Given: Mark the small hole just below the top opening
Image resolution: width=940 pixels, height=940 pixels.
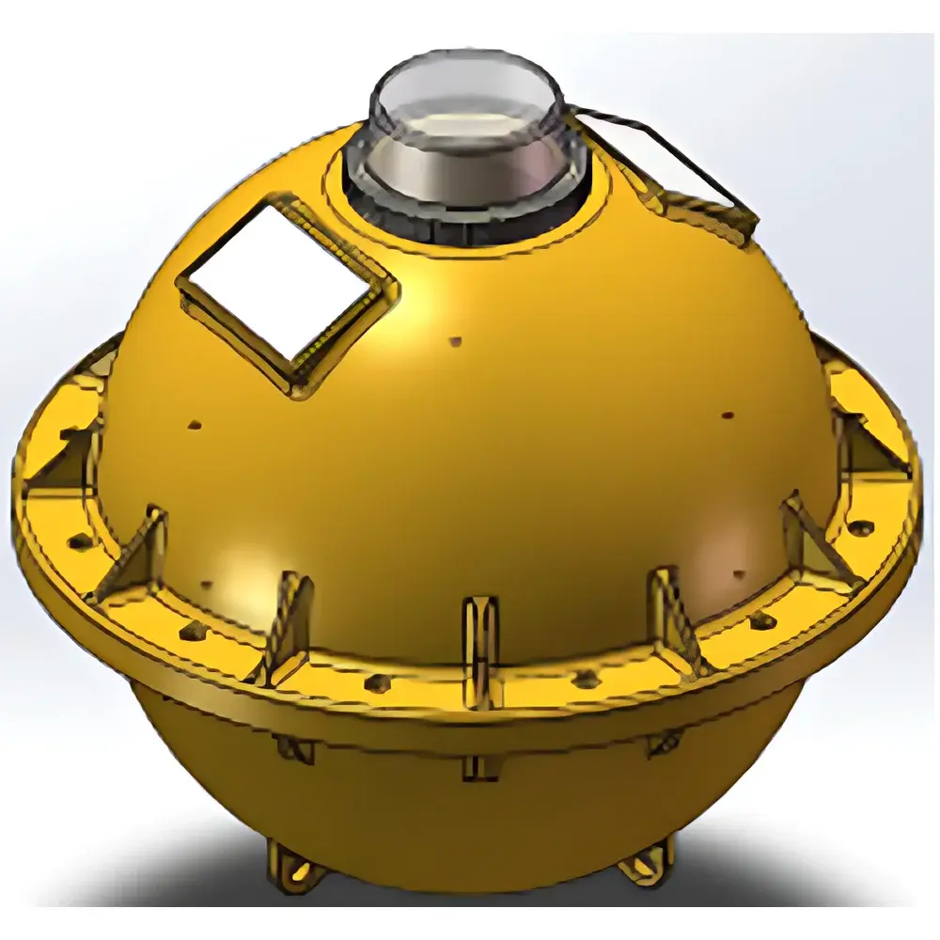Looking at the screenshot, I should point(456,340).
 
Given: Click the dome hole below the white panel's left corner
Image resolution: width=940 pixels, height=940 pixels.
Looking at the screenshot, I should point(195,424).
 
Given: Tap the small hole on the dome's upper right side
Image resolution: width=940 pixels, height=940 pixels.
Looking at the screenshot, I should point(727,415).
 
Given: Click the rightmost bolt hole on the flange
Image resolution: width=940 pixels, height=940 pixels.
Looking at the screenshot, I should point(863,527).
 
